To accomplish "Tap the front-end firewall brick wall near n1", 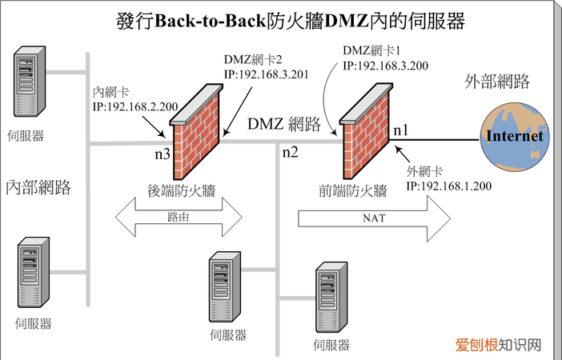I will coord(364,133).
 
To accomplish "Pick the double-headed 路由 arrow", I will coord(179,217).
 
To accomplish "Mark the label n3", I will coord(161,154).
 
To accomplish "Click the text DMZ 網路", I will coord(284,124).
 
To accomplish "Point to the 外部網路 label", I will coord(497,82).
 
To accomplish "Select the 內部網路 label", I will coord(38,187).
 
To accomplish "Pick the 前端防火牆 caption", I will coord(353,190).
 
